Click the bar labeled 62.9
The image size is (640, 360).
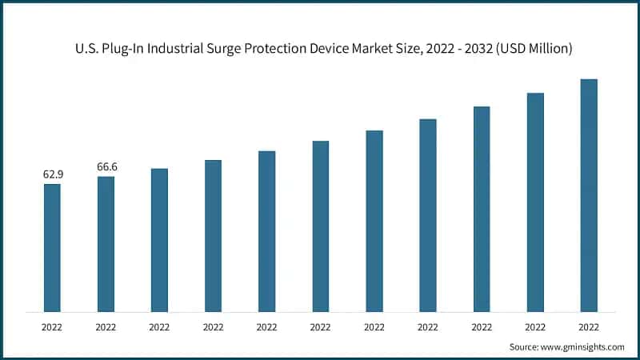click(x=52, y=248)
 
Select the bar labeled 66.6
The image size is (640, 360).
click(x=106, y=244)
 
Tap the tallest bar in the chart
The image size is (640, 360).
click(x=589, y=195)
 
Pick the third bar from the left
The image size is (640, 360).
click(x=159, y=240)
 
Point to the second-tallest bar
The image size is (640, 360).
click(x=535, y=202)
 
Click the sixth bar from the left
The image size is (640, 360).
click(x=320, y=226)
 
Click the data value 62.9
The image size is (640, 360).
click(x=52, y=174)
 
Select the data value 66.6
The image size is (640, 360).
click(x=106, y=166)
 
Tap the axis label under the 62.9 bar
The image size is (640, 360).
click(x=52, y=326)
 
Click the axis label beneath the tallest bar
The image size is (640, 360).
click(x=589, y=326)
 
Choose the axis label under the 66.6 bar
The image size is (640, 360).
click(x=106, y=326)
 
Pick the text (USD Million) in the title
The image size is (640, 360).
click(x=532, y=49)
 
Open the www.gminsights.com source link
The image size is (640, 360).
click(x=583, y=346)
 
